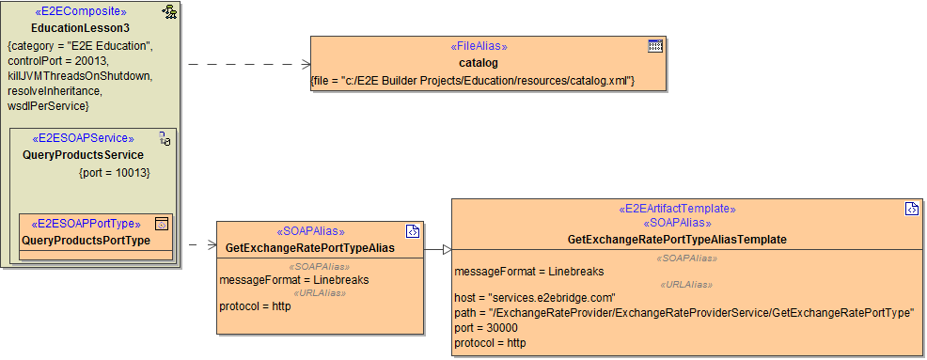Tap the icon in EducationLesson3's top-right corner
coord(169,12)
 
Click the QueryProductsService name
coord(83,155)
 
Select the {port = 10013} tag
coord(114,173)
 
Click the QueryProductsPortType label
coord(86,241)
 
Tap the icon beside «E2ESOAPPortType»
coord(161,224)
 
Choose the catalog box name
coord(478,63)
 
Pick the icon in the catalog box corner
coord(655,46)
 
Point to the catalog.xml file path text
coord(473,82)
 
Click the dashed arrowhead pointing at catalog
coord(306,64)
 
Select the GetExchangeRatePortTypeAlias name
coord(309,248)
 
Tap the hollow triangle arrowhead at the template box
coord(448,249)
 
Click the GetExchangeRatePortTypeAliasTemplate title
coord(677,240)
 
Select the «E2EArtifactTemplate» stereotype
coord(677,209)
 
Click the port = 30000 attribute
coord(486,328)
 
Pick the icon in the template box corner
coord(911,209)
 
